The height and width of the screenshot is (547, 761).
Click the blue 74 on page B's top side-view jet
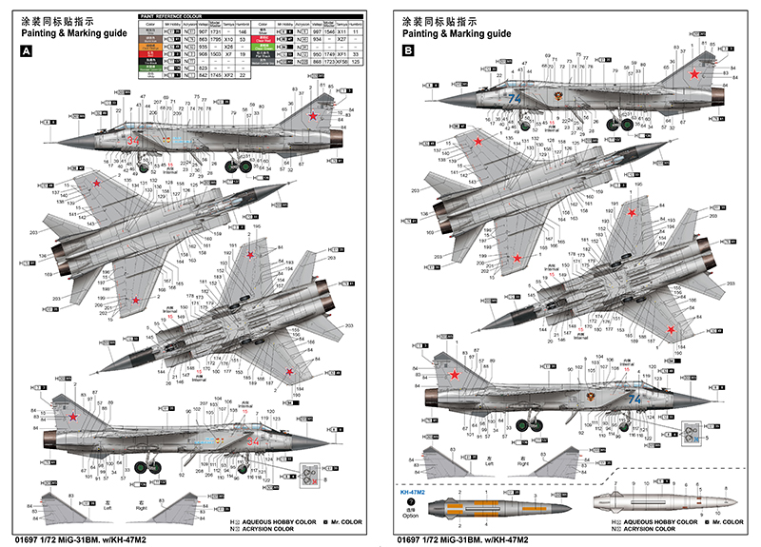517,98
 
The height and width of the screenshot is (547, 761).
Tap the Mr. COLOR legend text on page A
348,521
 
